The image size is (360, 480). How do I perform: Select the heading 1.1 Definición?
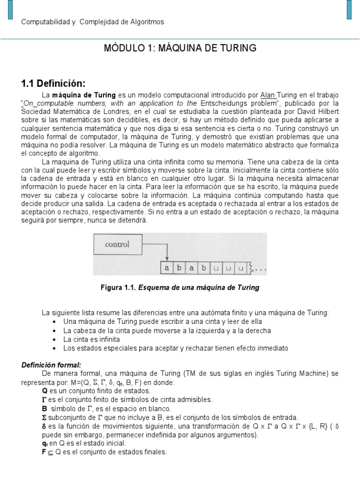coord(53,83)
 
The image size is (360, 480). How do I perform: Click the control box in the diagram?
coord(117,244)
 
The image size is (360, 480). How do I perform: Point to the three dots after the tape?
coord(261,270)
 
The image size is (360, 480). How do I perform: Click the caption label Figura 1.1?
coord(118,287)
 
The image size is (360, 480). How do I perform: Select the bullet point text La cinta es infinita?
coord(91,339)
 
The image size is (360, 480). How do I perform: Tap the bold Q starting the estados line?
coord(45,390)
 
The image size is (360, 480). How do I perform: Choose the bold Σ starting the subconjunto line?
coord(45,417)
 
